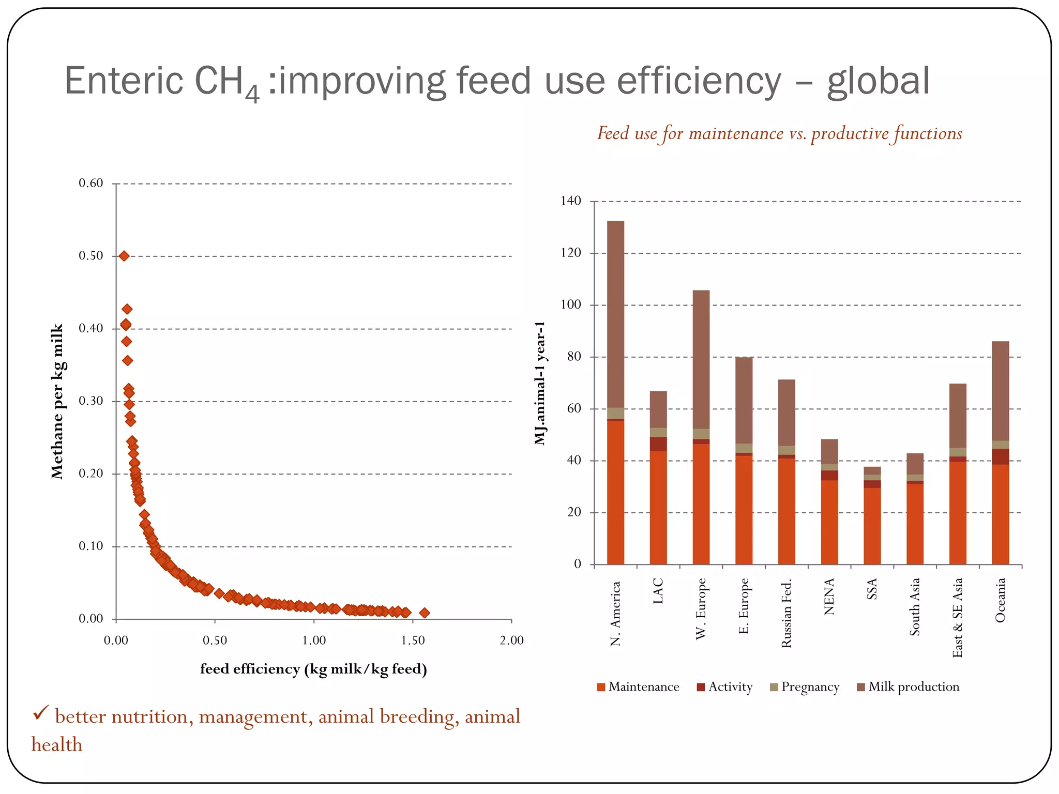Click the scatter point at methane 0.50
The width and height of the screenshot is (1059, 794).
[124, 256]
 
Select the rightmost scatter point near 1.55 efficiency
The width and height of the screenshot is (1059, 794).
[424, 613]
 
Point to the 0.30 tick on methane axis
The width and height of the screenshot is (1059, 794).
[91, 401]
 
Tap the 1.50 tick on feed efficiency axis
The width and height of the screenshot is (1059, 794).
[413, 640]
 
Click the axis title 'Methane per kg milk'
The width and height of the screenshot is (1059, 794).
[57, 401]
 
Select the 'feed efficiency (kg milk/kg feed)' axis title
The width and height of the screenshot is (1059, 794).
[313, 669]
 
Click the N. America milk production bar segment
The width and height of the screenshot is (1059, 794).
[615, 314]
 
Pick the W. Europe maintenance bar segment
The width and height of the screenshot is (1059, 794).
[701, 504]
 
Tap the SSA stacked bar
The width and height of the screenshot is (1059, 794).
[872, 517]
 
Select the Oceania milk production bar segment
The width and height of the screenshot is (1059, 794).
[1000, 391]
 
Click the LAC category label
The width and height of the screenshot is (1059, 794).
[658, 591]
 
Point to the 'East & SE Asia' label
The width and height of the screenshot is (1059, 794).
[958, 617]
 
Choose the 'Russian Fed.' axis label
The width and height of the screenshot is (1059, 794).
[786, 614]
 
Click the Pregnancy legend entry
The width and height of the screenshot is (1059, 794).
[805, 687]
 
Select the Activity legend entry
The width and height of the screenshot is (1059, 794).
[725, 687]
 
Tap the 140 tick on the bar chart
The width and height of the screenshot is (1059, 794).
[571, 201]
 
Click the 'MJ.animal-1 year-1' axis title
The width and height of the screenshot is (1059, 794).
[540, 383]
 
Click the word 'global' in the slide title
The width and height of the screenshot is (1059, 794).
[878, 81]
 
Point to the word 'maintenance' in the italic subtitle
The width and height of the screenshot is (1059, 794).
[736, 133]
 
